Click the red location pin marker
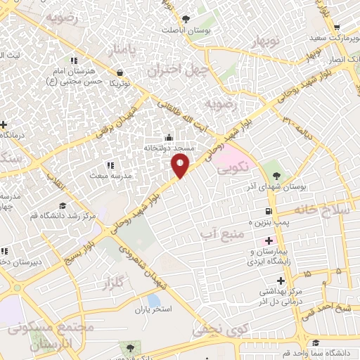pos(180,165)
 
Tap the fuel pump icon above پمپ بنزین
pos(269,211)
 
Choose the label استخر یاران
pos(153,309)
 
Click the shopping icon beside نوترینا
pos(120,72)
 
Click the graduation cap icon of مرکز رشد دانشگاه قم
pos(63,205)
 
